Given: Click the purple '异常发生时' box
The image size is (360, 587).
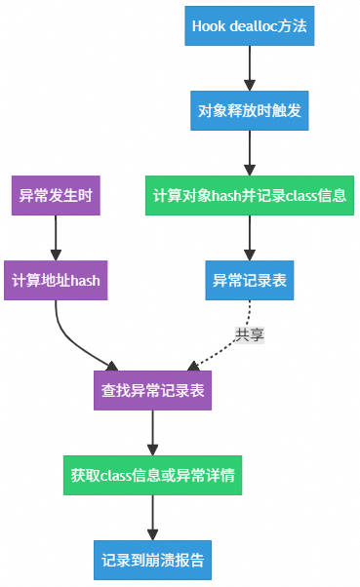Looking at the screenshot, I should [x=56, y=196].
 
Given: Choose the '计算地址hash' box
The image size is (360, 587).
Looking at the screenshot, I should [x=56, y=280].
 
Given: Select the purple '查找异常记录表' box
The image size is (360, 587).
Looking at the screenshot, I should [x=152, y=391].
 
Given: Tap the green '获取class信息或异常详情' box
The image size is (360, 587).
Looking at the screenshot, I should [x=152, y=476].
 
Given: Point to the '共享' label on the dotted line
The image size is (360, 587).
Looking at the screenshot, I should [x=249, y=333].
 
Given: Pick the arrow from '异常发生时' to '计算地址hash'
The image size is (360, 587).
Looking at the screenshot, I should [x=56, y=238].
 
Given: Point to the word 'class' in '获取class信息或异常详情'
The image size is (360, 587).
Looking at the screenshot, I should [x=116, y=476].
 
